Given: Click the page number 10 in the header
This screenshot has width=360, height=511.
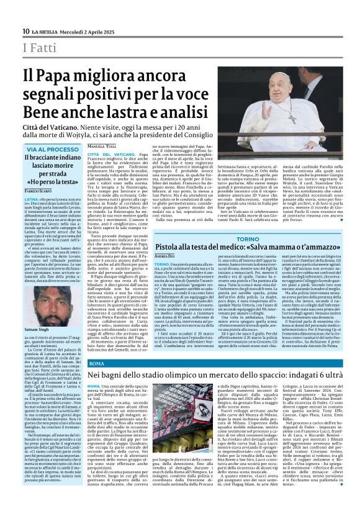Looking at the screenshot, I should (x=25, y=31).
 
